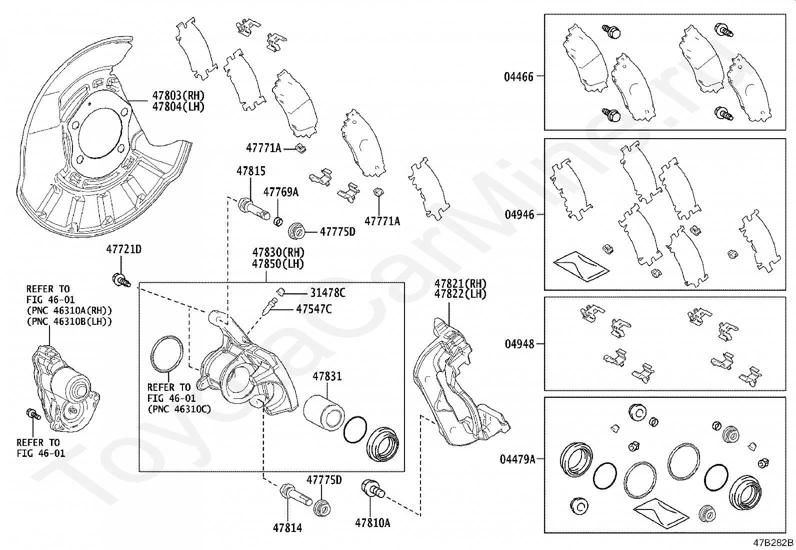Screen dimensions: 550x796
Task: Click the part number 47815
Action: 250,172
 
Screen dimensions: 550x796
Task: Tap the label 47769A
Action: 280,192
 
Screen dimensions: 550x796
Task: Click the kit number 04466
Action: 518,77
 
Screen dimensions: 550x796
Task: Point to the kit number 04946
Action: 519,214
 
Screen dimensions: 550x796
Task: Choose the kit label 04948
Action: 519,344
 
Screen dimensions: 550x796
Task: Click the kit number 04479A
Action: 517,458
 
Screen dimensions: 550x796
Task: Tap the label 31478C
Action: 327,293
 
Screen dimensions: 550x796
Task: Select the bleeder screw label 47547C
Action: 313,309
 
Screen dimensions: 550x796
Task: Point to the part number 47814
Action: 287,527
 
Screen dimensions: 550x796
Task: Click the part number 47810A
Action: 372,523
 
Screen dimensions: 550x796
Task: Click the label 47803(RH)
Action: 178,96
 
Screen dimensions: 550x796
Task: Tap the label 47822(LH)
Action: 460,294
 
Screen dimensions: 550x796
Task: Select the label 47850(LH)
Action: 278,263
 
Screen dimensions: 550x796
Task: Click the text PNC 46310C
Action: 179,409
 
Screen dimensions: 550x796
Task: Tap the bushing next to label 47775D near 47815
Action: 297,232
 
